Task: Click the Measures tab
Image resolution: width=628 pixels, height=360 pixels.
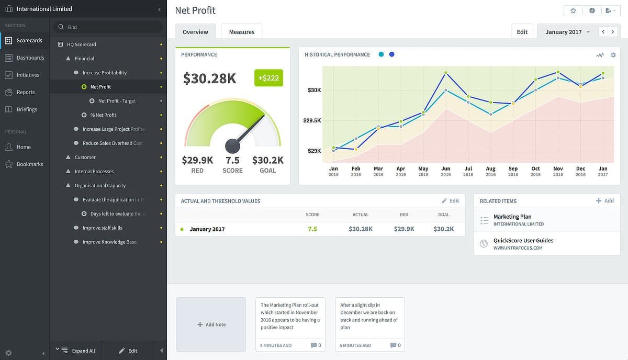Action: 241,32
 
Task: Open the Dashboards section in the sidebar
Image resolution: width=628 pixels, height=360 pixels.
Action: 30,58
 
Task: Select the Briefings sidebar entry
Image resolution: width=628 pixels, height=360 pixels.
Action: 27,109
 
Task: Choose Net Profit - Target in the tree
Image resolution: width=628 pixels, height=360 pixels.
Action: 117,101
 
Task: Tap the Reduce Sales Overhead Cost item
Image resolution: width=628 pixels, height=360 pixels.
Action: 112,143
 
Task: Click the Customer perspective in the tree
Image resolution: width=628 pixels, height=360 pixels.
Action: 85,157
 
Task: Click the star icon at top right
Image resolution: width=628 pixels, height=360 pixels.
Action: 573,10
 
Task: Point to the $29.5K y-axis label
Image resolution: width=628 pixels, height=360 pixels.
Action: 312,121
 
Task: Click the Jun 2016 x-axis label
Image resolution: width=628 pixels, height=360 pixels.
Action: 445,171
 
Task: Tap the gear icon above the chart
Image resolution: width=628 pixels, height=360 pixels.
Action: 613,55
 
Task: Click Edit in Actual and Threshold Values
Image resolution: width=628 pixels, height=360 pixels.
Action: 450,201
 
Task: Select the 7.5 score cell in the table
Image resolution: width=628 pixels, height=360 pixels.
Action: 312,229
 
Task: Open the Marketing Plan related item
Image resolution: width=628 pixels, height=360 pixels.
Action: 512,217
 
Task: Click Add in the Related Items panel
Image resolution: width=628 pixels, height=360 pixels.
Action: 605,201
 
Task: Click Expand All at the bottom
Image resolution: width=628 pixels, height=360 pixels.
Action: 83,351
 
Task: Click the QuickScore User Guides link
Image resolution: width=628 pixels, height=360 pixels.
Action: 523,241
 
